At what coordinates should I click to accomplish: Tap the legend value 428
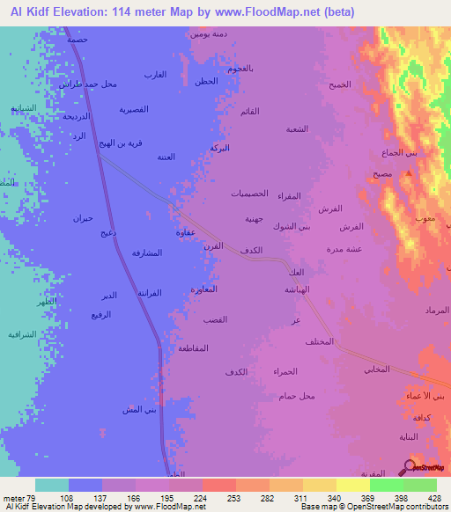[x=433, y=497]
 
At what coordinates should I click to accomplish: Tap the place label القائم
[x=249, y=111]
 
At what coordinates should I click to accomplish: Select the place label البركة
[x=219, y=147]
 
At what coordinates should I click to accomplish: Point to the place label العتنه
[x=166, y=157]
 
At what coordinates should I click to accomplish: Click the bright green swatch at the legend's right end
[x=419, y=485]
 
